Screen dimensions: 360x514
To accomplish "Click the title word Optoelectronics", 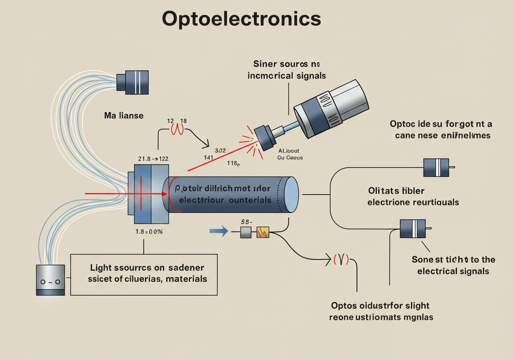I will tap(241, 19).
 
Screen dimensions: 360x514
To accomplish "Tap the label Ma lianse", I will tap(124, 116).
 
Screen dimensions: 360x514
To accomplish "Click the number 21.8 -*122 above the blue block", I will tap(153, 159).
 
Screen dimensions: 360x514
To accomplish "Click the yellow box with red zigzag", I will tap(263, 232).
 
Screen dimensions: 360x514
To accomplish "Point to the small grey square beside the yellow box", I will tap(246, 232).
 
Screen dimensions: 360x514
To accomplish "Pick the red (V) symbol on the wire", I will tap(341, 260).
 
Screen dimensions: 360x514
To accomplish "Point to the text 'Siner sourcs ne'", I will tap(287, 64).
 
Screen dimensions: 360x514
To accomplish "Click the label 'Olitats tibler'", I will tap(396, 190).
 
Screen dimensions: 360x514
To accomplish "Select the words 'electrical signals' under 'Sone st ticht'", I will tap(453, 271).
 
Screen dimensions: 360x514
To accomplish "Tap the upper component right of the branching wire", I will tap(436, 167).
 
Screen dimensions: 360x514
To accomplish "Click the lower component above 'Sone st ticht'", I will tap(413, 229).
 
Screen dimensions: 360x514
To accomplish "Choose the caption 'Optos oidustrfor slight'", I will tap(380, 306).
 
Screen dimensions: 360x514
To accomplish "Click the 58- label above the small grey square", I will tap(246, 221).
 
